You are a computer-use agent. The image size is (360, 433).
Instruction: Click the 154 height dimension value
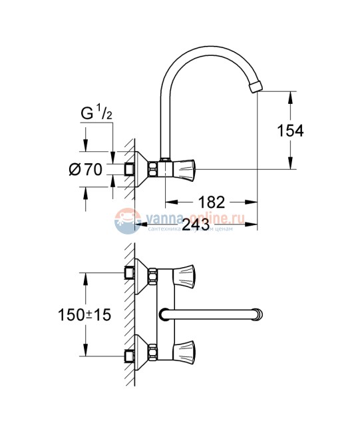[x=290, y=131]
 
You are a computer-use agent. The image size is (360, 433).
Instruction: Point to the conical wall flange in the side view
[x=138, y=169]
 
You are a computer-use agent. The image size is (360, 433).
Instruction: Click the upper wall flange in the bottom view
[x=138, y=273]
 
